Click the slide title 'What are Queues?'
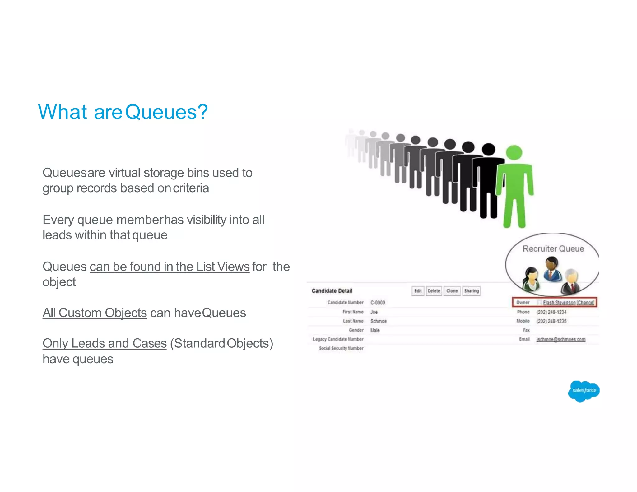pyautogui.click(x=123, y=112)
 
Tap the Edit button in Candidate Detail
pyautogui.click(x=418, y=291)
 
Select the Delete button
pyautogui.click(x=434, y=291)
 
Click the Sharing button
pyautogui.click(x=471, y=291)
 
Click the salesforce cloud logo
pyautogui.click(x=584, y=391)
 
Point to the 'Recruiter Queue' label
pyautogui.click(x=553, y=249)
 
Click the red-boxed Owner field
pyautogui.click(x=554, y=302)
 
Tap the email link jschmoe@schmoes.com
pyautogui.click(x=560, y=339)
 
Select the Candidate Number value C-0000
pyautogui.click(x=378, y=303)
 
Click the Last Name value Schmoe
pyautogui.click(x=378, y=321)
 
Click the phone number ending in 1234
pyautogui.click(x=551, y=312)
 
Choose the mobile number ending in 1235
pyautogui.click(x=551, y=321)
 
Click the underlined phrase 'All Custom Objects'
pyautogui.click(x=95, y=313)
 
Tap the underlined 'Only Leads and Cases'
pyautogui.click(x=105, y=343)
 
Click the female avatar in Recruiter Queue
pyautogui.click(x=531, y=277)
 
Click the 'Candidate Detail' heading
pyautogui.click(x=332, y=291)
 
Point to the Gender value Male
pyautogui.click(x=375, y=330)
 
